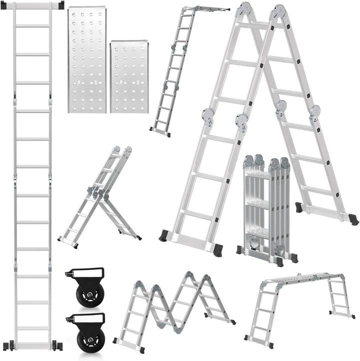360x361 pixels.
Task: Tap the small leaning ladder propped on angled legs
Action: tap(100, 200)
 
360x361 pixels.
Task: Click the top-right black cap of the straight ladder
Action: tap(61, 5)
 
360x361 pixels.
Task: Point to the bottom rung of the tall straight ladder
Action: tap(33, 328)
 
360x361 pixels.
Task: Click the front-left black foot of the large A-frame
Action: tap(164, 235)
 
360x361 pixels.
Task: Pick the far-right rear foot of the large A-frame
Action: tap(353, 219)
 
